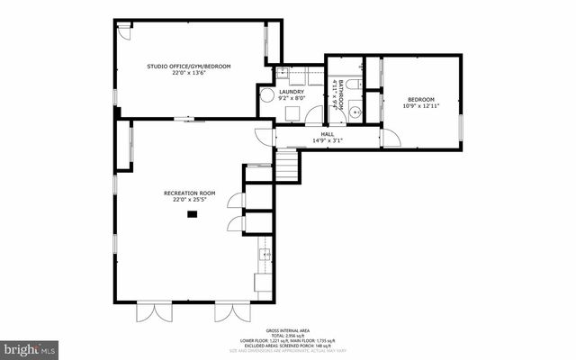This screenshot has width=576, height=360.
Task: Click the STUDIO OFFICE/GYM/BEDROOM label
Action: [x=189, y=67]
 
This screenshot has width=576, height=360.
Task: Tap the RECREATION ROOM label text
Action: [x=189, y=193]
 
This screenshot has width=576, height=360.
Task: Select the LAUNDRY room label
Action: [x=291, y=91]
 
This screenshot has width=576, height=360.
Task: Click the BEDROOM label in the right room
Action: [x=420, y=100]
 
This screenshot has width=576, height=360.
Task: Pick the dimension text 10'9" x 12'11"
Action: [x=420, y=107]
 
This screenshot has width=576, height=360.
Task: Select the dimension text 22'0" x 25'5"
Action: [x=189, y=200]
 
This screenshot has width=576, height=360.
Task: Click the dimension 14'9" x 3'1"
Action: [x=328, y=140]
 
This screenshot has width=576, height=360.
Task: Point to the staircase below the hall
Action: [x=285, y=166]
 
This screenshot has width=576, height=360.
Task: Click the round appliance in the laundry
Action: [x=266, y=96]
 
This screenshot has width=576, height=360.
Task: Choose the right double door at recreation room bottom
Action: [x=224, y=312]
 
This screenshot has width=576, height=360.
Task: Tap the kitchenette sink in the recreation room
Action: [x=265, y=255]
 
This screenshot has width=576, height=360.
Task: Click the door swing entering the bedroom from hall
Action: [x=389, y=139]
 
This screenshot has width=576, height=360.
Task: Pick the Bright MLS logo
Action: [x=30, y=347]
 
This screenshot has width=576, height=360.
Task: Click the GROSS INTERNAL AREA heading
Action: [x=288, y=330]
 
